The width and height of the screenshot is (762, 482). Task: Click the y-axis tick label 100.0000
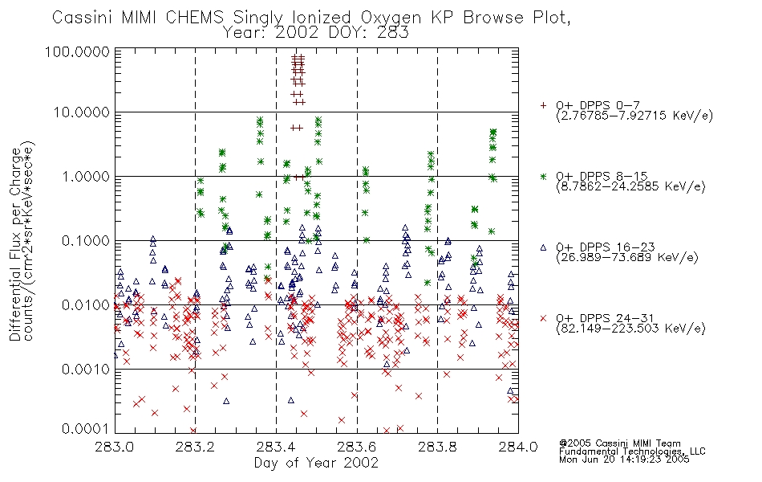point(78,51)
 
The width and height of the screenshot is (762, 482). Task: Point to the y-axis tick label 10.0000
point(82,112)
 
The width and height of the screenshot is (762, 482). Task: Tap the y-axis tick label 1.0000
point(86,177)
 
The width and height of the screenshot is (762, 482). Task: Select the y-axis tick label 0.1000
point(86,241)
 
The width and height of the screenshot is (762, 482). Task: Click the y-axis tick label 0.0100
point(86,305)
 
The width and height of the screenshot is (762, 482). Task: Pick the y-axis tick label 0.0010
point(86,370)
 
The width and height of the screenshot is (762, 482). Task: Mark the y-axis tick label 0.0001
point(86,429)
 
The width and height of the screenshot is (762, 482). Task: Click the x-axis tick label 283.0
point(114,447)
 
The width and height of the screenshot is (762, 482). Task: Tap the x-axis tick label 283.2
point(195,447)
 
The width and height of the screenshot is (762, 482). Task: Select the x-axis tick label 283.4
point(276,447)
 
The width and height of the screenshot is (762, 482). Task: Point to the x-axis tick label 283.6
point(357,447)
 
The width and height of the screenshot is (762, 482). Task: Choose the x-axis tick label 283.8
point(437,447)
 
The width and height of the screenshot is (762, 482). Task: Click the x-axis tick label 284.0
point(518,447)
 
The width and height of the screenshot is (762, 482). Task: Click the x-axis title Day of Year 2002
point(316,463)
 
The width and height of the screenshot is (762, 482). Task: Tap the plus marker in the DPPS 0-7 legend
point(543,105)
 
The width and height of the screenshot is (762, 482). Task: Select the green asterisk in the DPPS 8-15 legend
point(543,176)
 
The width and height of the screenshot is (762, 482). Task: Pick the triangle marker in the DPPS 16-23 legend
point(543,247)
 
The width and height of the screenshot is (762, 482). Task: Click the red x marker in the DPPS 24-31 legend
point(543,318)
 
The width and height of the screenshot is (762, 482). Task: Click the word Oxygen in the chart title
point(391,18)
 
